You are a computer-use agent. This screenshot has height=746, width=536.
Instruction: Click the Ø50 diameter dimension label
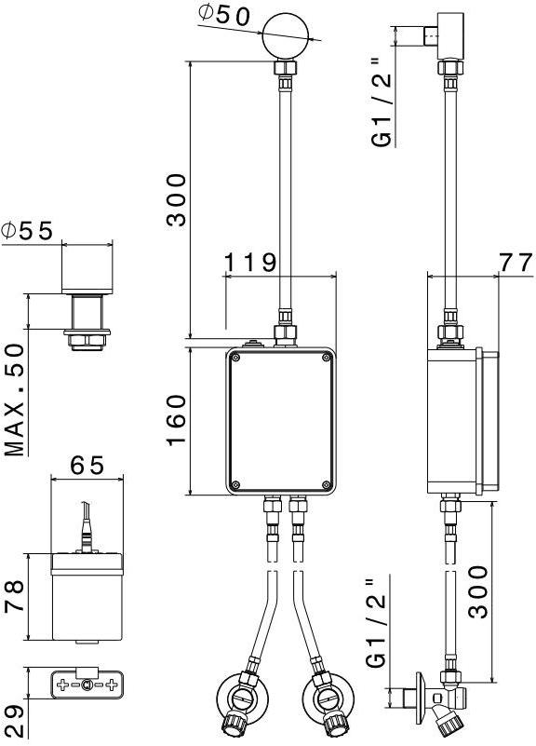(x=223, y=16)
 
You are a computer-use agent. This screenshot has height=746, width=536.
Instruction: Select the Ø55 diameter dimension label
(x=27, y=231)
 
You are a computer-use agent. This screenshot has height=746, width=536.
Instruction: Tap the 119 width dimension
(x=249, y=262)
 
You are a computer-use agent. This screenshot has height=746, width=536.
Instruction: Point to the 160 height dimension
(x=177, y=420)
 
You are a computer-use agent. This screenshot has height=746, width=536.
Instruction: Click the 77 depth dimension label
(x=516, y=263)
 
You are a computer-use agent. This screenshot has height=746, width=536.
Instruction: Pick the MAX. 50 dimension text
(x=14, y=400)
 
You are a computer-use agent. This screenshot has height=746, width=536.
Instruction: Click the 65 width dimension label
(x=87, y=466)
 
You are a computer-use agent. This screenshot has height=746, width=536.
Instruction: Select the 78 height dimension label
(x=14, y=596)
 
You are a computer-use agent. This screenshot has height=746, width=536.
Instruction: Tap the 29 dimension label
(x=14, y=721)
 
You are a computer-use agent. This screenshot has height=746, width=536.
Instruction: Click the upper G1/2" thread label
(x=382, y=102)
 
